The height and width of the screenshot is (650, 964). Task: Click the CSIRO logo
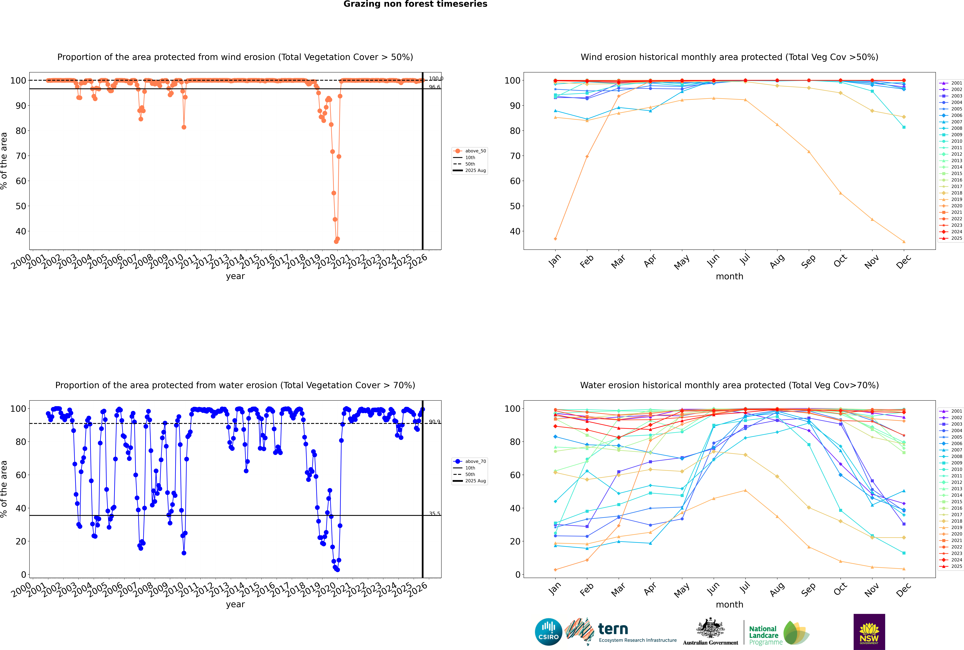pyautogui.click(x=548, y=632)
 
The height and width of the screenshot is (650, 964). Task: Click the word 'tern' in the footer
pyautogui.click(x=613, y=629)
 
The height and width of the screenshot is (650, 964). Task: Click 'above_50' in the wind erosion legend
pyautogui.click(x=475, y=151)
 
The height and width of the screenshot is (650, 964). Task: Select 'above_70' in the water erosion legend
pyautogui.click(x=475, y=461)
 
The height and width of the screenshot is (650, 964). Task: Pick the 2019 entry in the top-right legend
pyautogui.click(x=956, y=199)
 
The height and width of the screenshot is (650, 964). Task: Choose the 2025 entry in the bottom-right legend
pyautogui.click(x=956, y=566)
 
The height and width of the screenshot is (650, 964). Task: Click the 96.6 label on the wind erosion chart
pyautogui.click(x=434, y=87)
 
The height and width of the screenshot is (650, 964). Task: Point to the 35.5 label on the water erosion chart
pyautogui.click(x=434, y=514)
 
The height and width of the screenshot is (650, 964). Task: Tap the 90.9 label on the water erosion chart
pyautogui.click(x=434, y=422)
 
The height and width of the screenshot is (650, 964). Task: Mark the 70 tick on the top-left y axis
pyautogui.click(x=21, y=156)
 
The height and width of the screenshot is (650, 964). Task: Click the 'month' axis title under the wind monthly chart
pyautogui.click(x=729, y=277)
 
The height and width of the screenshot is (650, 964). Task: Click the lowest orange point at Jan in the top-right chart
pyautogui.click(x=555, y=239)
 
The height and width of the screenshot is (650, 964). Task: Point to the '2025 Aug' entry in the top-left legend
pyautogui.click(x=475, y=170)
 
